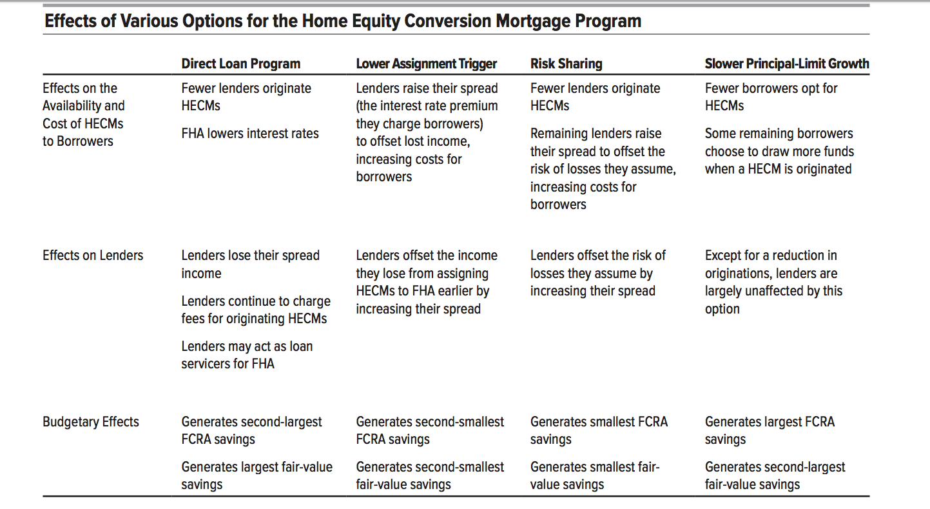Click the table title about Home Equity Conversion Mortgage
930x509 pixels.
[x=342, y=21]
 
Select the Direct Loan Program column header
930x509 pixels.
[x=240, y=63]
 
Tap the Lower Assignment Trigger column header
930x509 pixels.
[x=426, y=63]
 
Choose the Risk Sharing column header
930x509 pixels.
[x=566, y=63]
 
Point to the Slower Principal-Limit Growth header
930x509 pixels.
[x=786, y=63]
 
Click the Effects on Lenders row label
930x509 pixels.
[x=93, y=255]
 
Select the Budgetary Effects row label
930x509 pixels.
[x=91, y=422]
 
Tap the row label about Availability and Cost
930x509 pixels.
[x=83, y=115]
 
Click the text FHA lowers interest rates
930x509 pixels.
[x=250, y=134]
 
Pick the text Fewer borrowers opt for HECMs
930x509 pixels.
[x=771, y=97]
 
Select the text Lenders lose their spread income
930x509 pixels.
[x=250, y=264]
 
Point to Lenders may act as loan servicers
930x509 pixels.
[x=247, y=355]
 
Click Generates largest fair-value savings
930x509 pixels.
[x=257, y=475]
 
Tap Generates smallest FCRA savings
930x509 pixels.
[x=599, y=430]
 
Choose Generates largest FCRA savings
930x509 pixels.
[x=770, y=430]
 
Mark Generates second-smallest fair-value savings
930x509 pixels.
[x=430, y=475]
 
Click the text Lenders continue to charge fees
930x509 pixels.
[x=255, y=310]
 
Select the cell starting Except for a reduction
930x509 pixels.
[x=773, y=282]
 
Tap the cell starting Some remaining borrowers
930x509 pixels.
[x=779, y=151]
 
